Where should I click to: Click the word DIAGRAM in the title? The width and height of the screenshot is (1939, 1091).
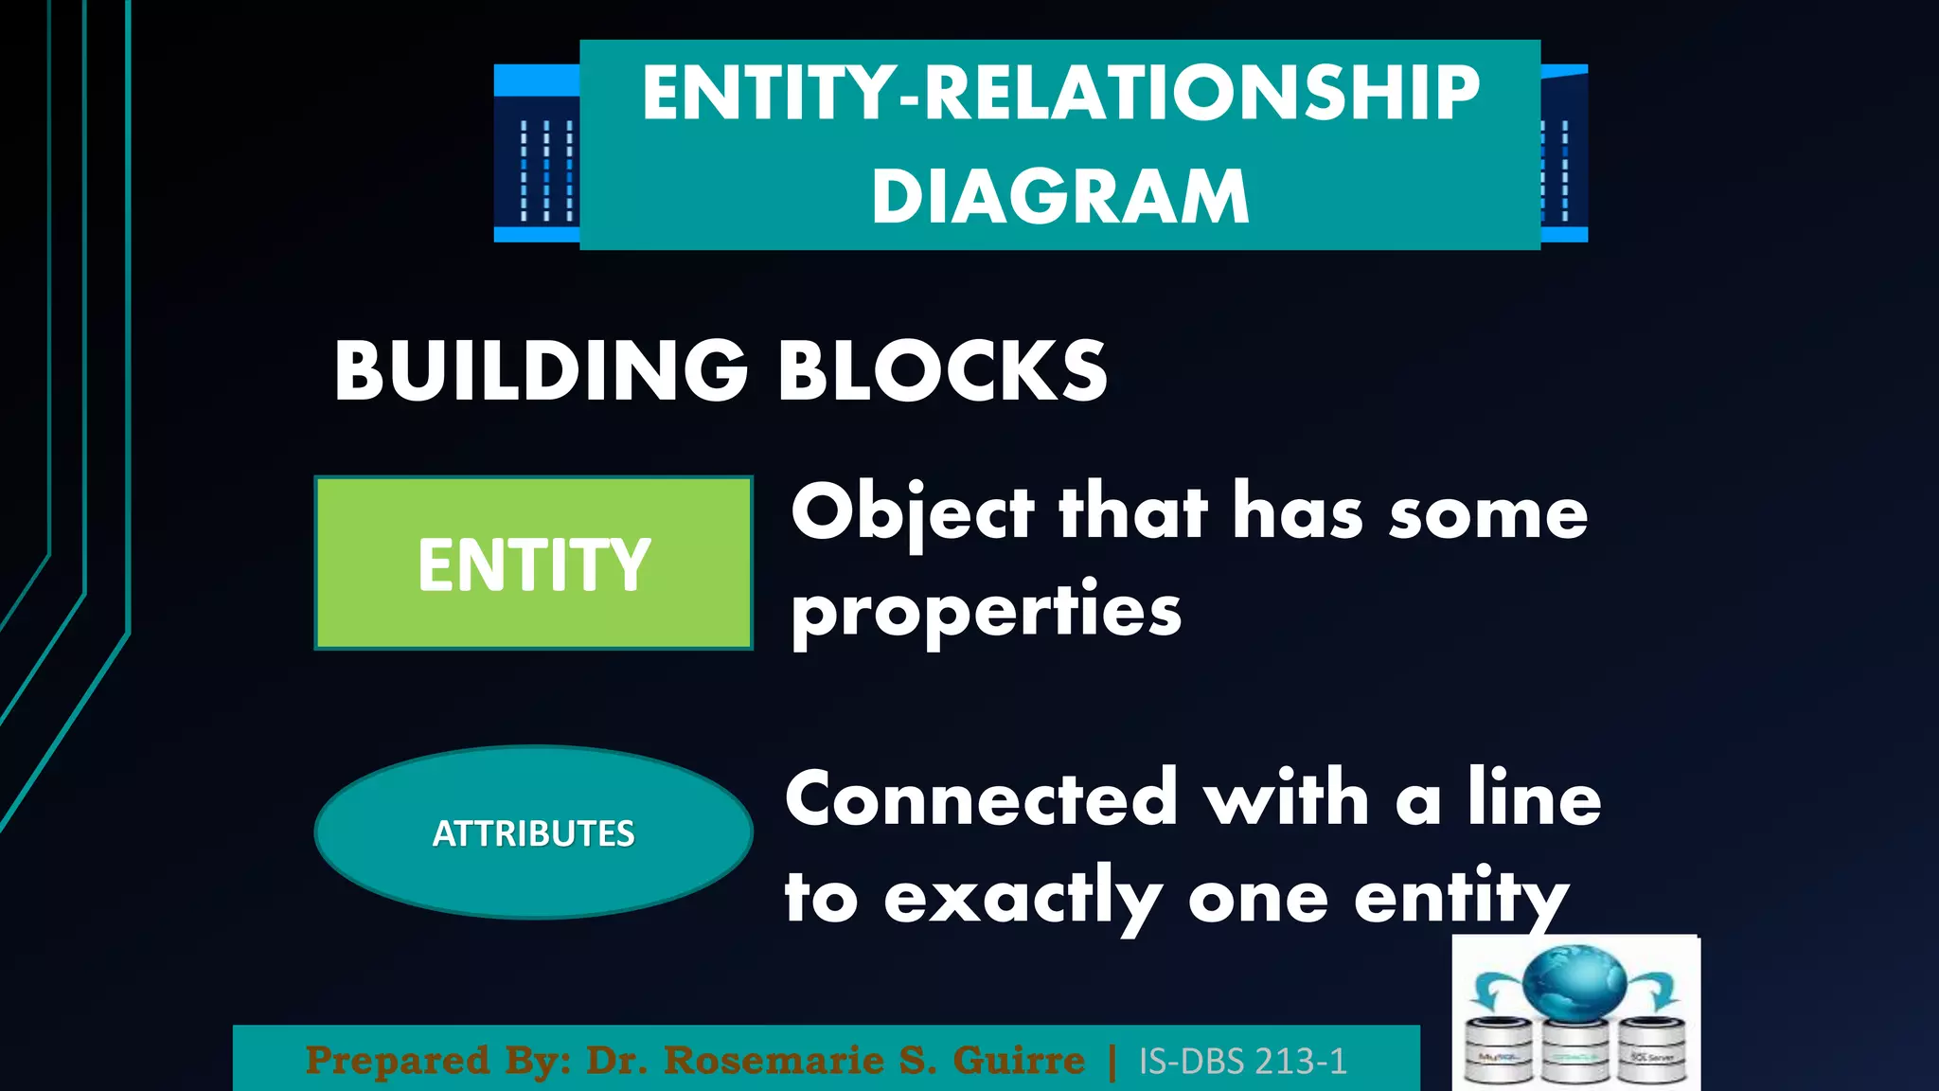tap(1060, 196)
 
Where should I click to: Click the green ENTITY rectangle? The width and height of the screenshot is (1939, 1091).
tap(534, 563)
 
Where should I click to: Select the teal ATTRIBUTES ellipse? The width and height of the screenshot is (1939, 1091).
tap(534, 832)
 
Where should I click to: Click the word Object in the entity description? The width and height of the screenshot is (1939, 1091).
tap(912, 513)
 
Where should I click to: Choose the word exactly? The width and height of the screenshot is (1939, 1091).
tap(1023, 898)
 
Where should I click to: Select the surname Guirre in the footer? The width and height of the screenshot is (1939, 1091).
tap(1018, 1061)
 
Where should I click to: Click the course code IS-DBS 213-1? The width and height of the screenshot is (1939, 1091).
tap(1242, 1062)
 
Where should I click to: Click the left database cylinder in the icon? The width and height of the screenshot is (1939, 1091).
tap(1500, 1050)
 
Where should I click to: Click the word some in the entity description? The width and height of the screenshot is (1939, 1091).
tap(1487, 513)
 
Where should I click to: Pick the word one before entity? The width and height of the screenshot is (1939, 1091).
tap(1258, 898)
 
